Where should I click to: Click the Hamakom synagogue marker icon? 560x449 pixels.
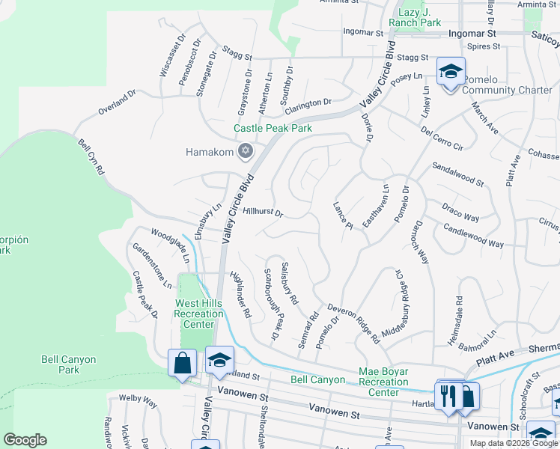click(x=244, y=152)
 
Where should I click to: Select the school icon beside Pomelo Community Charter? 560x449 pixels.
click(x=451, y=73)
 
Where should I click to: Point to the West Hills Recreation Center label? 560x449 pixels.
click(x=199, y=314)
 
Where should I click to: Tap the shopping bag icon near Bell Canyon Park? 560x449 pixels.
click(x=182, y=364)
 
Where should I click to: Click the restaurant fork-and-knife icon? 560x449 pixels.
click(x=449, y=394)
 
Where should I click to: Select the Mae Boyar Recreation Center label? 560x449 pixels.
click(x=383, y=382)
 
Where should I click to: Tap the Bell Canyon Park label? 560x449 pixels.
click(x=69, y=364)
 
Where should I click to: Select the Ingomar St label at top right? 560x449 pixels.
click(x=472, y=34)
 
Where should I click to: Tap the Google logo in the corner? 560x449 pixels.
click(x=25, y=440)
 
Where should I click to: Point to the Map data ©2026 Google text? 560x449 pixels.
click(x=513, y=443)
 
